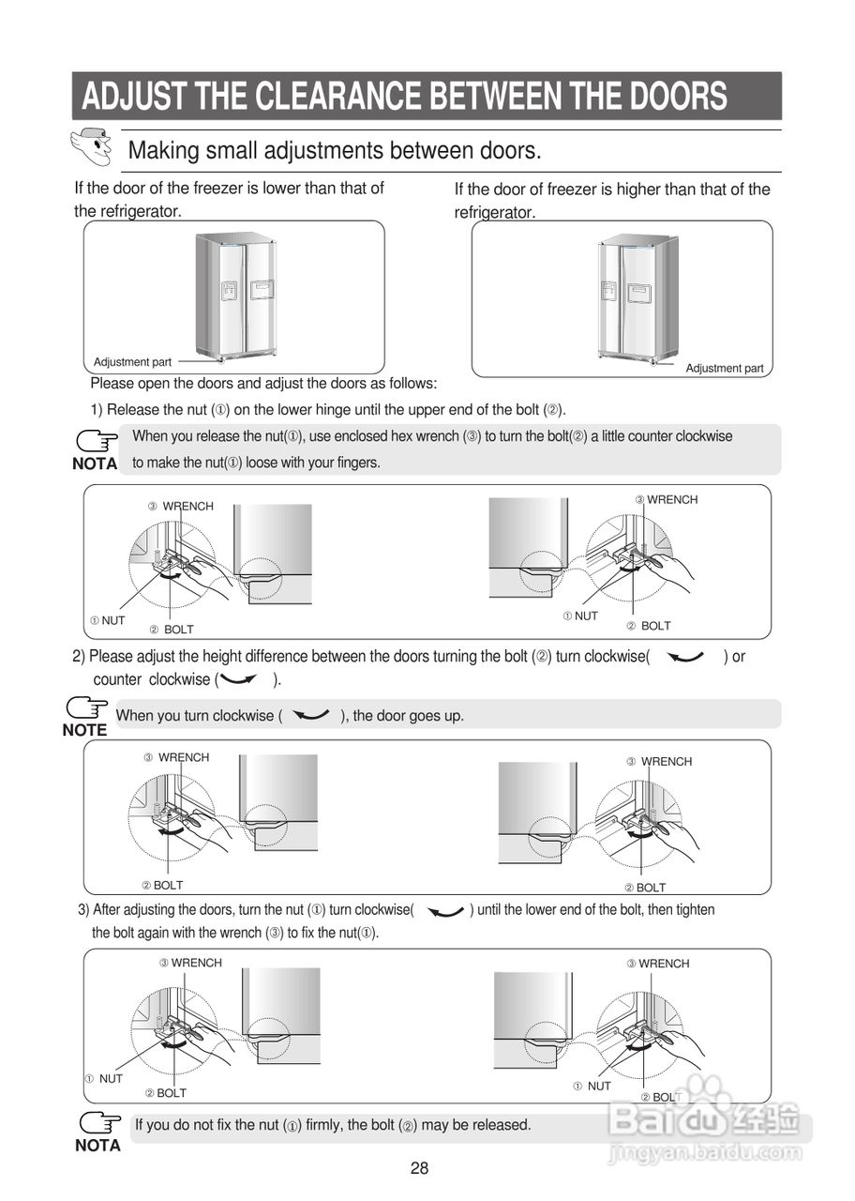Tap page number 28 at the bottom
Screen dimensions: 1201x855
coord(419,1168)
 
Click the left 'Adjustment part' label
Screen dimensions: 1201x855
coord(132,362)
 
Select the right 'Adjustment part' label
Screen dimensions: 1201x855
coord(725,369)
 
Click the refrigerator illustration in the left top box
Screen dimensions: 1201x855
coord(235,296)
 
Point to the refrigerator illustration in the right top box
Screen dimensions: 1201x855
coord(637,298)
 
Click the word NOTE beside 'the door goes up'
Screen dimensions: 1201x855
coord(84,730)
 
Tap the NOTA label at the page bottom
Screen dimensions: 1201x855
coord(97,1146)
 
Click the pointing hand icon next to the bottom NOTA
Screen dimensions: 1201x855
coord(100,1122)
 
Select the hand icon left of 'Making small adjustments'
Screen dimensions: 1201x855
coord(92,145)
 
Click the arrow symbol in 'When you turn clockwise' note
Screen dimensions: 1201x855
coord(310,716)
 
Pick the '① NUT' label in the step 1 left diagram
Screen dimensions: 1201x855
coord(108,621)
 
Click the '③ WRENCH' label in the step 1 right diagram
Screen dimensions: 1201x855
coord(667,500)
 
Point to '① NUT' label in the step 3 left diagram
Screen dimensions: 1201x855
coord(104,1079)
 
